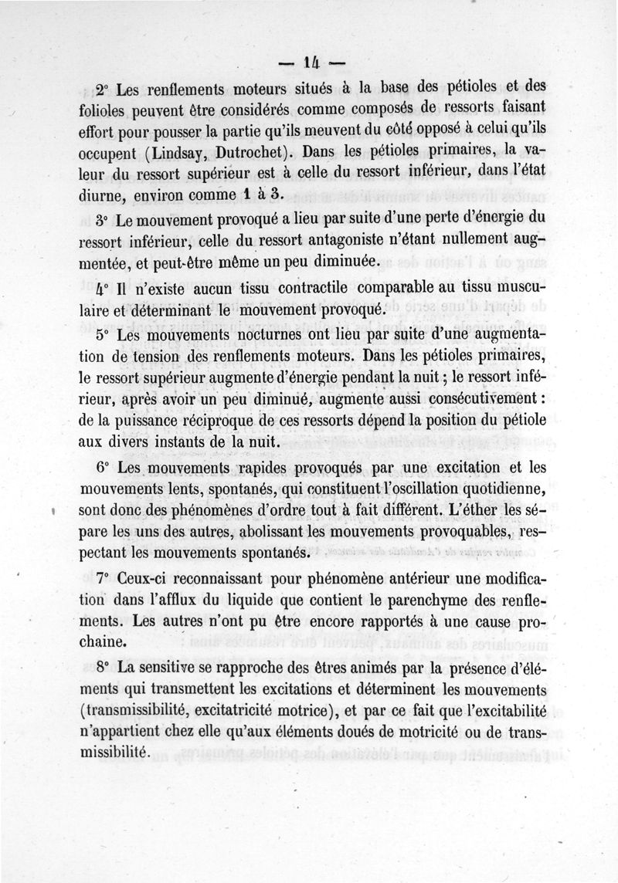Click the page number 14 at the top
point(311,62)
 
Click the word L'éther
point(466,512)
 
